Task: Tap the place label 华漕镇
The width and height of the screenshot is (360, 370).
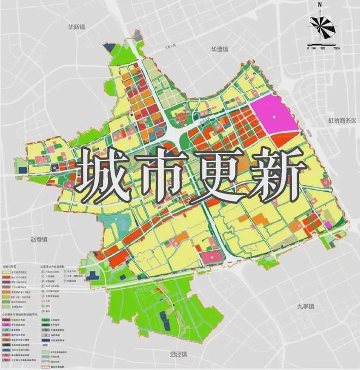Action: coord(219,49)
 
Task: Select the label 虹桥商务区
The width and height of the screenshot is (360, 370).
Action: coord(341,120)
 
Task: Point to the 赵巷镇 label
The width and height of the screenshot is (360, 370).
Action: coord(39,239)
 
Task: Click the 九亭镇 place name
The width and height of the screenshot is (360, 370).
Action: coord(306,306)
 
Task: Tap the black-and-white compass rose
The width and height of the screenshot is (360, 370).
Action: coord(320,26)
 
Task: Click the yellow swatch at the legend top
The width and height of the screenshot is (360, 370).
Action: coord(6,271)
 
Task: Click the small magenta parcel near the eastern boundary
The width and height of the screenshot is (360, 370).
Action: coord(327,225)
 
